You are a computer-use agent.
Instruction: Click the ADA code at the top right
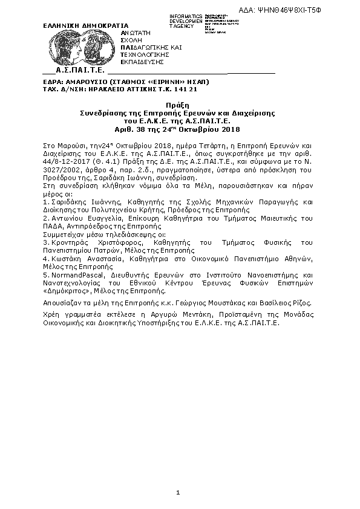tap(320, 10)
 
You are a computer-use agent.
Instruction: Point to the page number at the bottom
tap(178, 493)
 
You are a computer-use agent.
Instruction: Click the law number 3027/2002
tap(57, 170)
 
